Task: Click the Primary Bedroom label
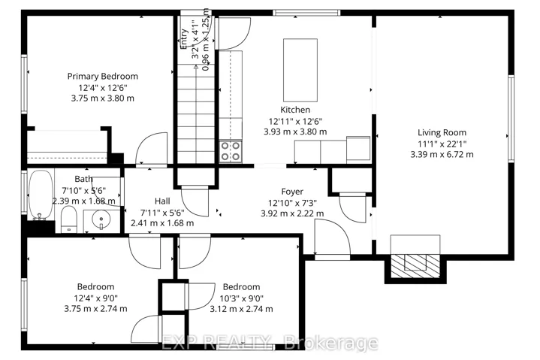(x=103, y=77)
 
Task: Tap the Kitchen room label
(x=295, y=110)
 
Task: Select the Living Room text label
(x=442, y=132)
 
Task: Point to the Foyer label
(x=292, y=192)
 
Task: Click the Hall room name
(x=162, y=201)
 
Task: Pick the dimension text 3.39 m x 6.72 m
(x=442, y=154)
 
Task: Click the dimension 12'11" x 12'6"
(x=295, y=121)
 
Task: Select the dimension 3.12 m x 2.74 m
(x=241, y=309)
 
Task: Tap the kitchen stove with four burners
(x=231, y=151)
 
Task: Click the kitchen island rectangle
(x=300, y=70)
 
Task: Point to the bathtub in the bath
(x=41, y=195)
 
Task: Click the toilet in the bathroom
(x=69, y=219)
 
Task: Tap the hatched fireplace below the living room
(x=415, y=266)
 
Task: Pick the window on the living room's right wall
(x=511, y=119)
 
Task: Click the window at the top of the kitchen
(x=306, y=13)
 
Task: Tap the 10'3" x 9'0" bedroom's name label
(x=241, y=287)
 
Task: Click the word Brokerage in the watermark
(x=332, y=343)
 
